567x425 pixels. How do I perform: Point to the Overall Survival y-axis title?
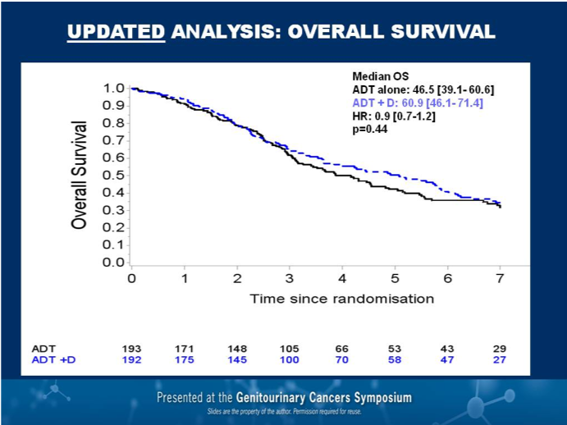(79, 175)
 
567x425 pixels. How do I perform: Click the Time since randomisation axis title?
(342, 299)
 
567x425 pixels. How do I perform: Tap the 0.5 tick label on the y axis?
(115, 176)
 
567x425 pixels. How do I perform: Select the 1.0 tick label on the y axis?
(115, 88)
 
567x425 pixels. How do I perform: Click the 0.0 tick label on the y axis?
(115, 263)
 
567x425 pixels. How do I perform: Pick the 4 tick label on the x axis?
(342, 278)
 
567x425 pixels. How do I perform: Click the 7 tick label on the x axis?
(501, 278)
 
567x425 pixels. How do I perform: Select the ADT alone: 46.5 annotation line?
(423, 89)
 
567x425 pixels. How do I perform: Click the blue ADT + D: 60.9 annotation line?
(417, 103)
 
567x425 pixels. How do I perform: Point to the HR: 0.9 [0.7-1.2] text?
(393, 116)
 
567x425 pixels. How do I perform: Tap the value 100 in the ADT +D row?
(290, 359)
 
